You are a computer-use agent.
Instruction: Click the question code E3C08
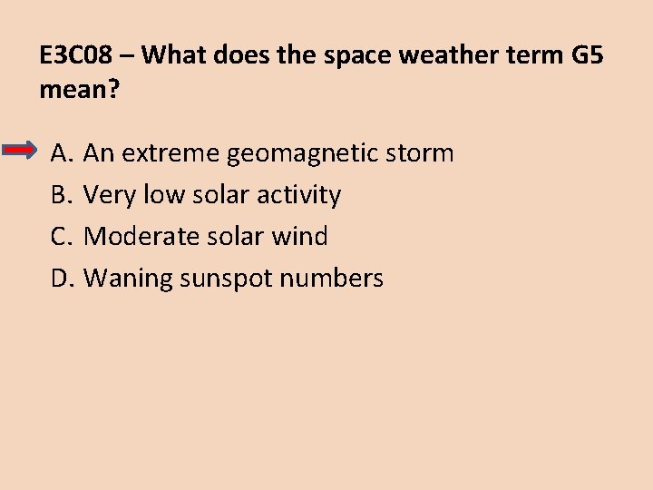76,55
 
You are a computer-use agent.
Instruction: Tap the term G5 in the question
586,55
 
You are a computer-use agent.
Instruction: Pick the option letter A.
61,153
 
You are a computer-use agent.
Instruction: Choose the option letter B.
61,195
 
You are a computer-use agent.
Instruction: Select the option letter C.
61,237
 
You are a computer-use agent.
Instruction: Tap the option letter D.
61,279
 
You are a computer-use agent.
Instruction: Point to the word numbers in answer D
331,279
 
